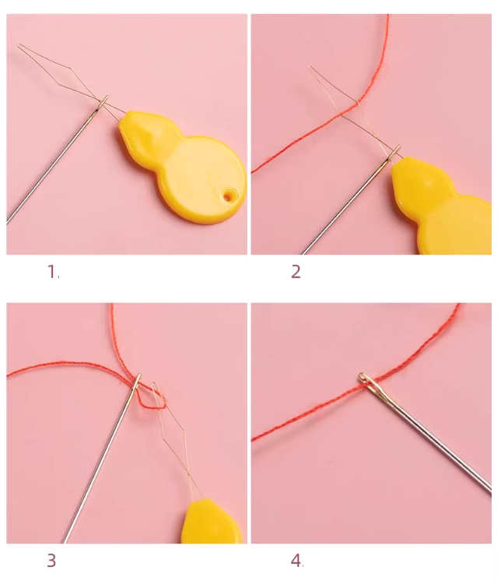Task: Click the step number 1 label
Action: point(52,272)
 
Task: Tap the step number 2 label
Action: point(296,272)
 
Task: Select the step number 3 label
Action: point(51,560)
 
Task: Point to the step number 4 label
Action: point(296,560)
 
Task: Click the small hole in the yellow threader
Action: point(227,197)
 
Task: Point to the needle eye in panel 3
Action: point(138,382)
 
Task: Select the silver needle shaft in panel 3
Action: point(101,467)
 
